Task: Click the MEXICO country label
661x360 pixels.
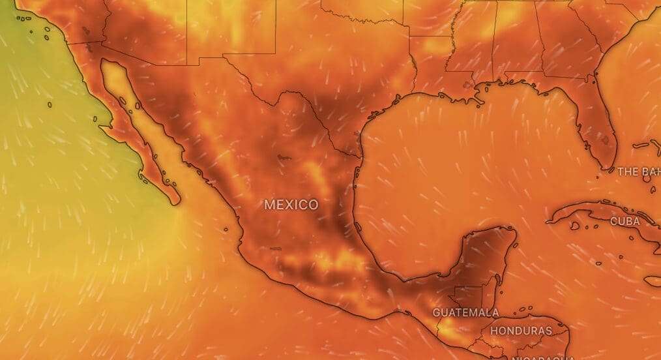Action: [x=291, y=205]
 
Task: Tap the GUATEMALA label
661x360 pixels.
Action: [x=465, y=312]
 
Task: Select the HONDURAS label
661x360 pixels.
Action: [x=521, y=331]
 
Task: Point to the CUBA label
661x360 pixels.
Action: [x=624, y=221]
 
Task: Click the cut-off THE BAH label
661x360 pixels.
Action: [x=638, y=172]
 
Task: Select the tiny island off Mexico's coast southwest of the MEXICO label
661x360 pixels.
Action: [x=226, y=229]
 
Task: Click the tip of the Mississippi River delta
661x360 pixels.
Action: [x=482, y=102]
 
